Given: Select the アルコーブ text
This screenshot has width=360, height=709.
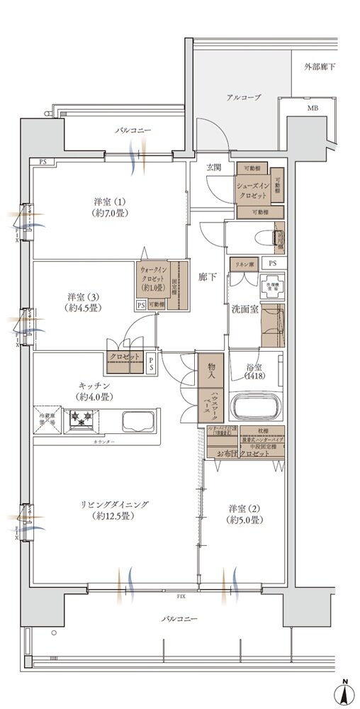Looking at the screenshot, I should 244,97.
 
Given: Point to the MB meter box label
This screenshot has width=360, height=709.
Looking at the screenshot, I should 312,108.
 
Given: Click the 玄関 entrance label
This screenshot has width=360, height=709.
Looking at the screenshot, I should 214,167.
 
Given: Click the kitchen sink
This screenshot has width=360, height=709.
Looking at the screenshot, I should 142,421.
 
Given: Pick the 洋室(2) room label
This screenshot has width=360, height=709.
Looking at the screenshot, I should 245,514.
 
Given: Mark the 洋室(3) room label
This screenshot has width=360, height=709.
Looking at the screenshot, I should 82,303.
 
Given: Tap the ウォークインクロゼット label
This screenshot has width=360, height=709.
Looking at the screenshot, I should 154,279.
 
